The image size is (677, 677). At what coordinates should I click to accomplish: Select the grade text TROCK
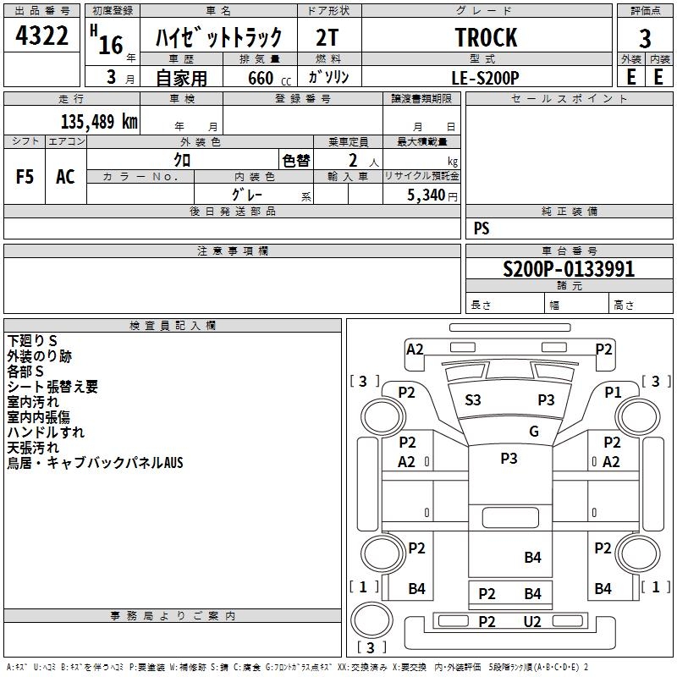486,38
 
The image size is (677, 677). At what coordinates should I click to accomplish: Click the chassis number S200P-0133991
569,270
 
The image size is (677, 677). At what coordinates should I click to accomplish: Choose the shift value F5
25,176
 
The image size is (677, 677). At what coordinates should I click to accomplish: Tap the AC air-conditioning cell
65,176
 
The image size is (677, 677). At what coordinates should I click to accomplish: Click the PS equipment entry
482,228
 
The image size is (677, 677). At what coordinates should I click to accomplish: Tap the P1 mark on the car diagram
613,392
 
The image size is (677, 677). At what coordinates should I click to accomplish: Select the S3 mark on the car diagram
473,400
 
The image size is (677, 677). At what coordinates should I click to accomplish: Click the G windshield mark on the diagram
534,432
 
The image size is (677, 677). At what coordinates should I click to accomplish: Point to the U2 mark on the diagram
531,622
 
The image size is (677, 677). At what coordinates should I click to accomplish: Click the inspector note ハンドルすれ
46,432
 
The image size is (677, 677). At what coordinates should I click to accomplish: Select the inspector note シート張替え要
52,387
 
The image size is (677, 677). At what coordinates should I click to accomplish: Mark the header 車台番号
569,251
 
